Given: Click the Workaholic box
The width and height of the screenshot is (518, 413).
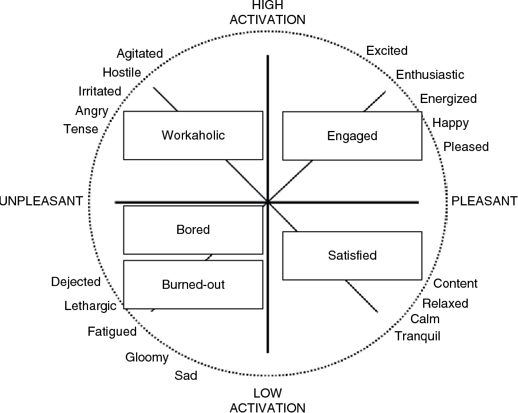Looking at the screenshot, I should [x=193, y=136].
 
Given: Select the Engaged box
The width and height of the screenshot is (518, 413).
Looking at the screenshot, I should [x=352, y=136].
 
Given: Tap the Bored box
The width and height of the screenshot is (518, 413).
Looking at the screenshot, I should [x=193, y=230].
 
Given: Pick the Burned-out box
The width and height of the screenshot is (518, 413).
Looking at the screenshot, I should [x=193, y=284].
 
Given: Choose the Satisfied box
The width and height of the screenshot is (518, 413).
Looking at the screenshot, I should [x=353, y=256].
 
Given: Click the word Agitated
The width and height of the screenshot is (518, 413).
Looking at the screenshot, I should [x=140, y=54].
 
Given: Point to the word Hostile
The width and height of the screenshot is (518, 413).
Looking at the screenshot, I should [x=122, y=72].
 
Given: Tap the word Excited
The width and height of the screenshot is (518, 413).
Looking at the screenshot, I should [x=387, y=51].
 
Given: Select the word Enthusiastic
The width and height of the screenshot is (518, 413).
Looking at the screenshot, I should [x=430, y=75].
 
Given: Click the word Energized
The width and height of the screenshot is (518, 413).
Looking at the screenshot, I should [x=448, y=99].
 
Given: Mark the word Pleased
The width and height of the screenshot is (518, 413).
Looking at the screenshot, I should [x=467, y=147].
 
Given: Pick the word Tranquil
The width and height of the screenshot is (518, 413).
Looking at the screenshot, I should [x=417, y=336].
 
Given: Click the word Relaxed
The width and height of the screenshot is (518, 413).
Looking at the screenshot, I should [x=445, y=303].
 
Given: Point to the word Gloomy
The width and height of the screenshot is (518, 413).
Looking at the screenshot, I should [x=147, y=358].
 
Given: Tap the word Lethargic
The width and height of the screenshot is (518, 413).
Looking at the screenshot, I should [x=90, y=306].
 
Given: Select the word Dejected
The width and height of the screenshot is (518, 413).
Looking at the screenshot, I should [x=75, y=281].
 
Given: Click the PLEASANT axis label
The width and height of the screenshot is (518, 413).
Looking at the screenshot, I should [x=484, y=201].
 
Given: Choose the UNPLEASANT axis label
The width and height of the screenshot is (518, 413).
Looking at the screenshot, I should [x=42, y=201].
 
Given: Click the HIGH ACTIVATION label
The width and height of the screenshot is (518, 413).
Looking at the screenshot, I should [x=268, y=13].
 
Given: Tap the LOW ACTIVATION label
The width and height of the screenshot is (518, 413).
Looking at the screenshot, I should [x=268, y=400].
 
